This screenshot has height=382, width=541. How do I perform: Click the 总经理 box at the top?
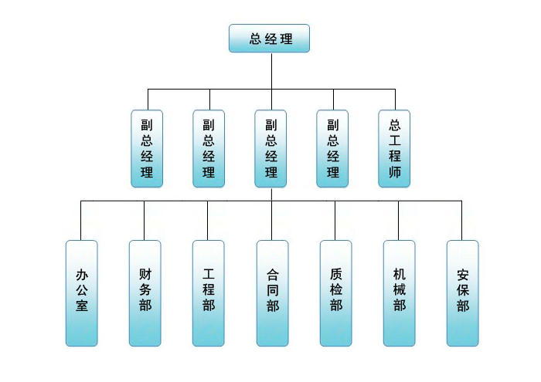(269, 39)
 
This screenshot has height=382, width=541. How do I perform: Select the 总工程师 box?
(395, 148)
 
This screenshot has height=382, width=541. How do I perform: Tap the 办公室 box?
(82, 292)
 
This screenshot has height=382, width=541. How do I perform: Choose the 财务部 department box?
(145, 292)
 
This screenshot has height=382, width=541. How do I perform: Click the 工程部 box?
(209, 292)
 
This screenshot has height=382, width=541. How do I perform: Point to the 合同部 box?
(272, 292)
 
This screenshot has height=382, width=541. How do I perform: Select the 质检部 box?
(335, 292)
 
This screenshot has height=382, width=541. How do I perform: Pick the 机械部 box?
(399, 292)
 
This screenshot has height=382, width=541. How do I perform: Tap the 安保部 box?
(462, 292)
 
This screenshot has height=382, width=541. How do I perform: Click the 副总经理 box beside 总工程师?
(332, 148)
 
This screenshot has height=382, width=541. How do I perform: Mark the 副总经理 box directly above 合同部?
(270, 148)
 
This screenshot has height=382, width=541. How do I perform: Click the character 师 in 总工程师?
(395, 173)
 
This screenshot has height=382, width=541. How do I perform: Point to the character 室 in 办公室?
(82, 306)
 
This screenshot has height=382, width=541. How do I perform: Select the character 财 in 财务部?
(145, 274)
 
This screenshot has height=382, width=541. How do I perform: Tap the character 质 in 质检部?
(335, 274)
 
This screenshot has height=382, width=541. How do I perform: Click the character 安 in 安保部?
(462, 274)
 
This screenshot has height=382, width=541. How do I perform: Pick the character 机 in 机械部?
(399, 274)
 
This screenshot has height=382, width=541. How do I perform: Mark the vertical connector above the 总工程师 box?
(395, 99)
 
